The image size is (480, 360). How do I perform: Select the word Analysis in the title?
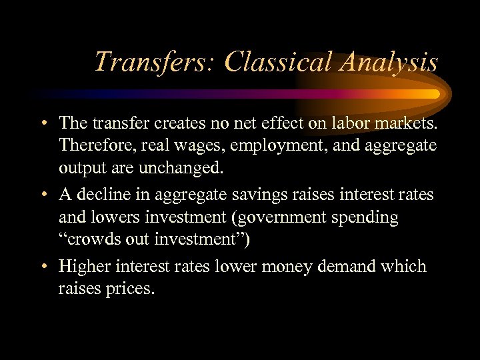tap(389, 62)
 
